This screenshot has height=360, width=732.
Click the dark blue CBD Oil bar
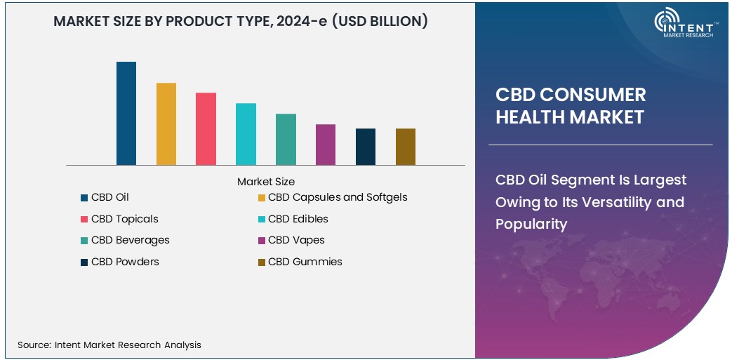[126, 114]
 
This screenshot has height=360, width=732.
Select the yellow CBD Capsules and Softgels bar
[166, 124]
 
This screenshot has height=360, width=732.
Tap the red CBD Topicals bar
[206, 129]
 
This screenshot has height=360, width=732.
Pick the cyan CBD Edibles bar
[246, 134]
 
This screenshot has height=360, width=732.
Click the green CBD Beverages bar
[286, 140]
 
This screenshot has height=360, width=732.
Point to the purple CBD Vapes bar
[326, 145]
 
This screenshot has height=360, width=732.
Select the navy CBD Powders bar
[366, 147]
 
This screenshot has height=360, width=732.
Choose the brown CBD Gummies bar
[406, 147]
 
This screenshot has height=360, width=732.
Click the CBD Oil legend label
[110, 197]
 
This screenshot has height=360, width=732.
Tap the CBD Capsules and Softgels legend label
[338, 197]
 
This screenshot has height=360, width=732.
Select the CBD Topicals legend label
[125, 219]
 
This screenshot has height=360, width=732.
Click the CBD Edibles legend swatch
[262, 219]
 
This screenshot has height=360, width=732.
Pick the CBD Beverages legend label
[131, 240]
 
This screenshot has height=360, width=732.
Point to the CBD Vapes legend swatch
[262, 241]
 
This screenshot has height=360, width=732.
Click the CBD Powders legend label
[125, 262]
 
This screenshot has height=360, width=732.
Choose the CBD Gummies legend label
[305, 262]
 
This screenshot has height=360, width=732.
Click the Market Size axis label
[266, 182]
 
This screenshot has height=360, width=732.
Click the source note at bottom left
[109, 345]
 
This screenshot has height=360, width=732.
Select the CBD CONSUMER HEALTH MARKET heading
[571, 106]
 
